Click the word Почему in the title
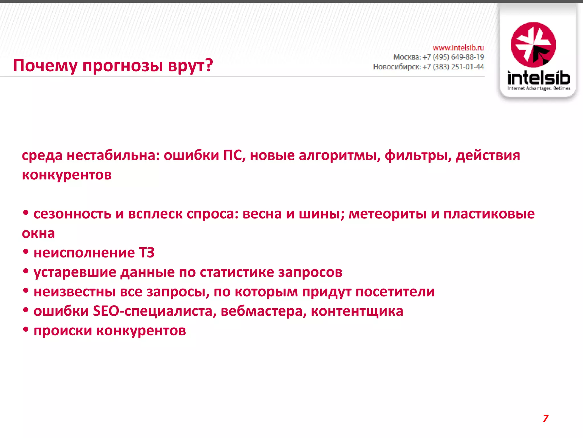pyautogui.click(x=45, y=66)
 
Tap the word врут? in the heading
pyautogui.click(x=190, y=66)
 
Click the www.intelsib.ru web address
pyautogui.click(x=458, y=48)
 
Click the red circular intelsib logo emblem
pyautogui.click(x=533, y=45)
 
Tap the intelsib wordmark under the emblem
pyautogui.click(x=539, y=78)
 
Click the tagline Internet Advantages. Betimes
pyautogui.click(x=539, y=88)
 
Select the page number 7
pyautogui.click(x=545, y=418)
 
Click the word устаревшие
pyautogui.click(x=75, y=272)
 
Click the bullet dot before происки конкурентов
pyautogui.click(x=26, y=330)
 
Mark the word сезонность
pyautogui.click(x=72, y=214)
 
